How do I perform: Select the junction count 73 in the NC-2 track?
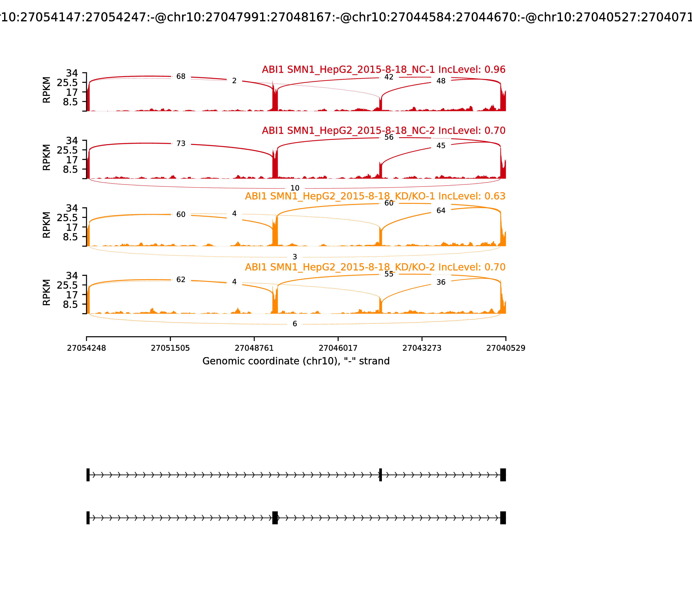[181, 144]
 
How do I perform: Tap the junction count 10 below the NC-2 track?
[295, 188]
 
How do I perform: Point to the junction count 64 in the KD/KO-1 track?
[441, 211]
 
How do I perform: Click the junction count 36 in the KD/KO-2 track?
[441, 282]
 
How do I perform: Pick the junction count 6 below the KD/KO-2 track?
[295, 324]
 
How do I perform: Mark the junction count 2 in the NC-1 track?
[234, 81]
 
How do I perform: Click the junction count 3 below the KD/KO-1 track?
[295, 257]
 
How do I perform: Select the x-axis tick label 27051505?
[170, 348]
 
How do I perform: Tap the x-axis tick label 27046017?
[338, 348]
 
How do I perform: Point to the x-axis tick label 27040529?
[506, 348]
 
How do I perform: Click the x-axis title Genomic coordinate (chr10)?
[296, 361]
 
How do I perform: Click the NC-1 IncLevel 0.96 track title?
[383, 70]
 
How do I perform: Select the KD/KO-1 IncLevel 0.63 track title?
[375, 196]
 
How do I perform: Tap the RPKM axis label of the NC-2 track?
[47, 157]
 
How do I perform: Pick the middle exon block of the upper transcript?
[380, 475]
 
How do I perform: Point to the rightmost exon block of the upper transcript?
[503, 475]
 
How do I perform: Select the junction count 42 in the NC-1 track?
[389, 77]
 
